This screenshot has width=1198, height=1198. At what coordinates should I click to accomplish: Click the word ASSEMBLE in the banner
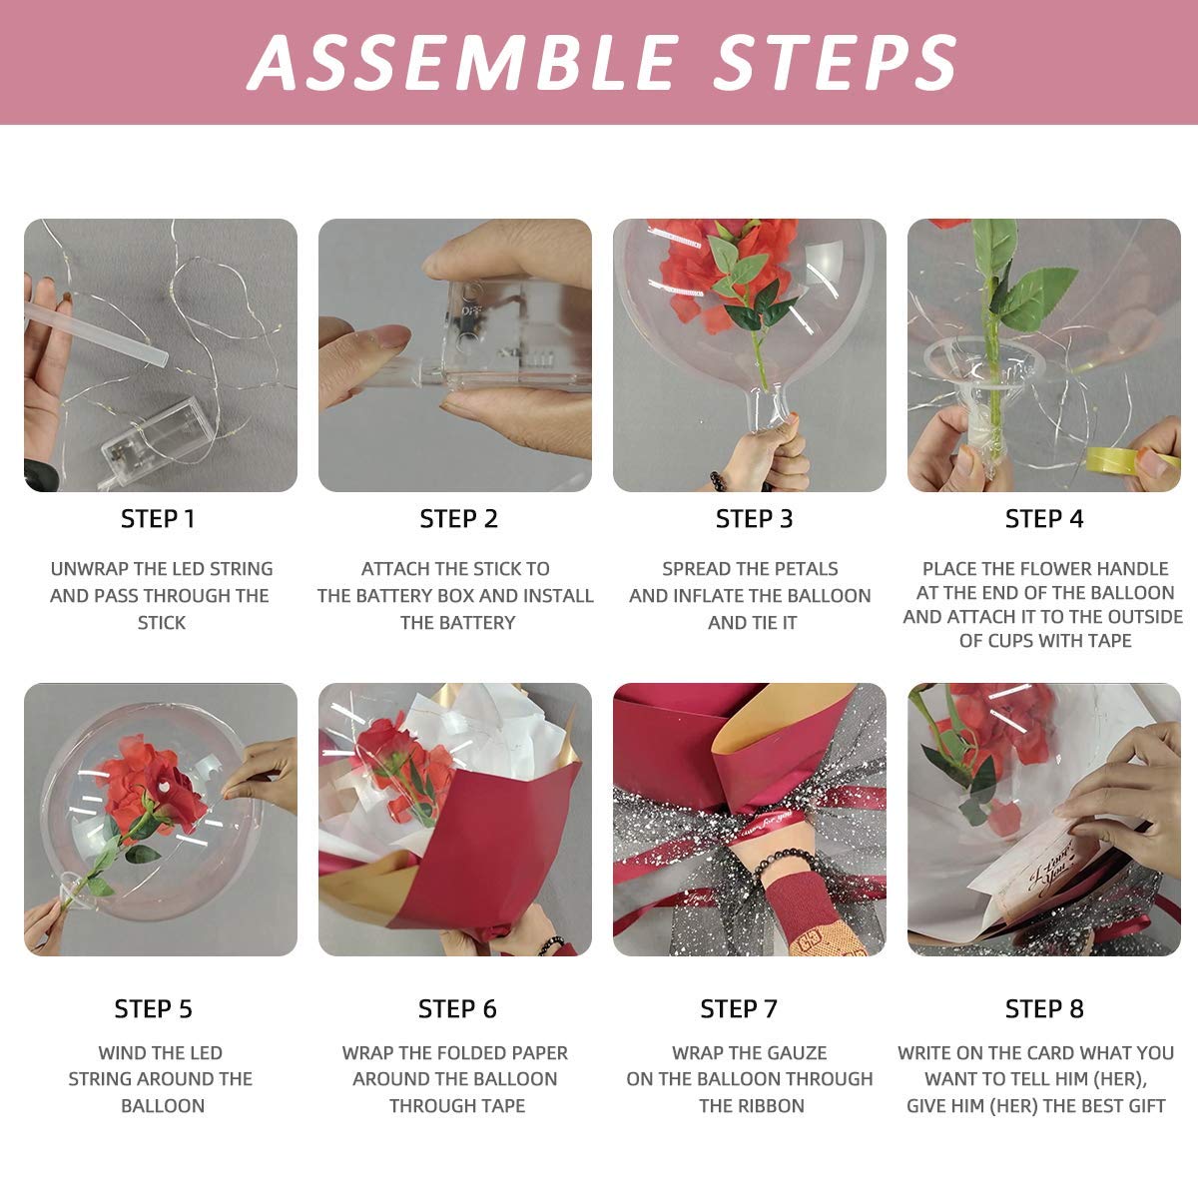pos(464,62)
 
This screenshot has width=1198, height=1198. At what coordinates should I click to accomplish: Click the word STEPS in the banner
pos(836,62)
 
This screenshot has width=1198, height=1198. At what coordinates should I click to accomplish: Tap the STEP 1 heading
pos(158,519)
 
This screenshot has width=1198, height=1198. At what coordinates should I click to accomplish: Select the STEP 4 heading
pos(1044,519)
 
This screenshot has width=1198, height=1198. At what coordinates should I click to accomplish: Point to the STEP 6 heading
pos(457,1009)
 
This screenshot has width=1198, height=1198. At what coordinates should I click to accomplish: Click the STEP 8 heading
pos(1044,1009)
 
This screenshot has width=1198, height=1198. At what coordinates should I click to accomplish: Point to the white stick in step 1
pos(97,333)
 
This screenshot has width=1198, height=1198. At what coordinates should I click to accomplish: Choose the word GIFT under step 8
pos(1145,1106)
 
